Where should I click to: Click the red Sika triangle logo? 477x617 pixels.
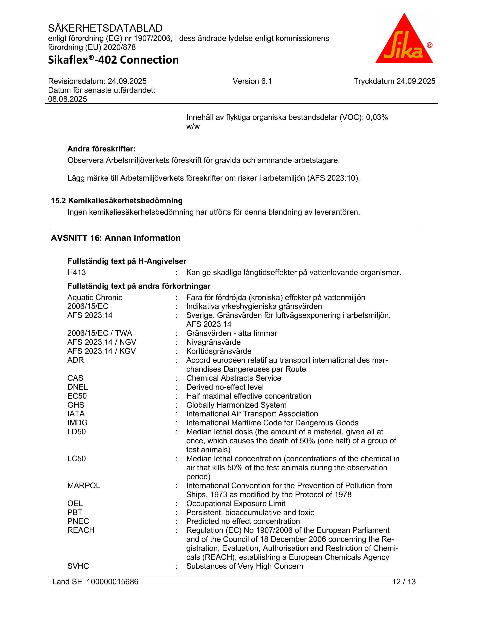pos(404,42)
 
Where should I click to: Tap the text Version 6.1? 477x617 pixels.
pos(252,81)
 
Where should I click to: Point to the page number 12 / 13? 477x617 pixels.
pos(404,581)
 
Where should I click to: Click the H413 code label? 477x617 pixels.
pos(77,272)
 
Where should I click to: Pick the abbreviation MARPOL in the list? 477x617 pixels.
pos(84,485)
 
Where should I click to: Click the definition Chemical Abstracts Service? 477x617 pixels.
pos(234,378)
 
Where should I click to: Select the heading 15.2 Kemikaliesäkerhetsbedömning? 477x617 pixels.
pos(117,201)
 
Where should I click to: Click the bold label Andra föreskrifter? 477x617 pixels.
pos(101,149)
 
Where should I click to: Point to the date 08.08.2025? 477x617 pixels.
pos(68,99)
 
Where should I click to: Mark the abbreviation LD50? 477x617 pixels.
pos(77,432)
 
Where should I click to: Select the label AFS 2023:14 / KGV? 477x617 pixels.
pos(101,351)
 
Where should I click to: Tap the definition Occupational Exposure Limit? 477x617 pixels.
pos(236,504)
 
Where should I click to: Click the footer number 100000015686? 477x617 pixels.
pos(112,581)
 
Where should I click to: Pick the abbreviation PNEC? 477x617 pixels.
pos(78,521)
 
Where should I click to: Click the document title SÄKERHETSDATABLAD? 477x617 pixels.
pos(105,28)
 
